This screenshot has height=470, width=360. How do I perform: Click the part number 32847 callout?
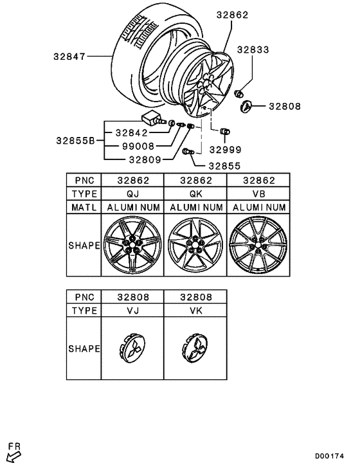click(x=69, y=56)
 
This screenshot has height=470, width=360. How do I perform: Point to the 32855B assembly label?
click(x=75, y=140)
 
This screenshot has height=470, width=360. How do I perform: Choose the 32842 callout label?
click(x=132, y=132)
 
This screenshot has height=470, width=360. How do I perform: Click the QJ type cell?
click(x=132, y=194)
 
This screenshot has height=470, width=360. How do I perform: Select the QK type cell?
click(x=195, y=194)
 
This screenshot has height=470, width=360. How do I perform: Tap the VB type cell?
click(x=258, y=194)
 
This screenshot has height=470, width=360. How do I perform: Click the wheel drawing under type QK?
click(x=195, y=246)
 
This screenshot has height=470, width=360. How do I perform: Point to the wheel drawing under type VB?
click(x=258, y=246)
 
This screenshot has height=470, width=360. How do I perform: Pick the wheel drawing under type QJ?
click(x=132, y=246)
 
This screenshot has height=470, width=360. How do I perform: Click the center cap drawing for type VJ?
click(x=132, y=349)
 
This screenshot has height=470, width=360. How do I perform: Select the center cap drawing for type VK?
click(x=195, y=349)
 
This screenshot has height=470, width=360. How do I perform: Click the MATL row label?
click(x=84, y=208)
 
